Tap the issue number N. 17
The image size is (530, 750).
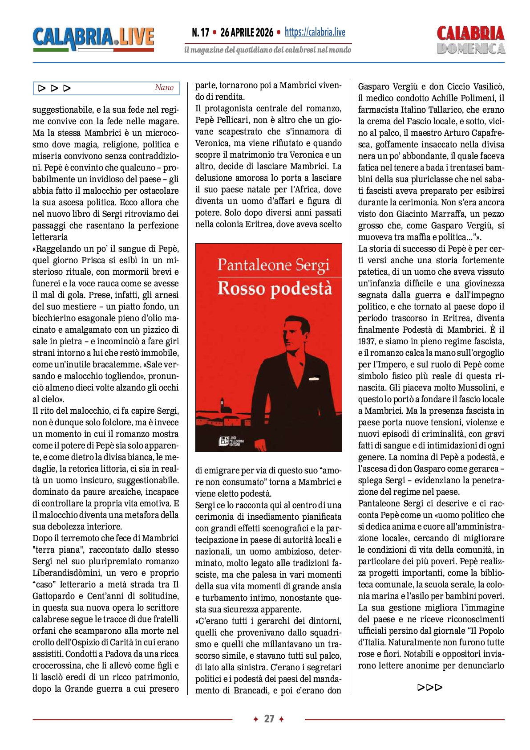click(x=200, y=33)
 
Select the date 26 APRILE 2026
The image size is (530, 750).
click(x=247, y=33)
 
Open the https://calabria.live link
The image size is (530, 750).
click(x=315, y=32)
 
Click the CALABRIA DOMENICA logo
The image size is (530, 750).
click(x=470, y=40)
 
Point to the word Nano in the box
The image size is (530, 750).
click(x=164, y=88)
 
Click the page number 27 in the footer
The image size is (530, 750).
click(x=269, y=719)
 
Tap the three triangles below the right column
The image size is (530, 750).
click(x=430, y=687)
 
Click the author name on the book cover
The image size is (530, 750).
click(x=273, y=265)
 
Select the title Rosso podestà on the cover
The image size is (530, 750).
click(x=275, y=289)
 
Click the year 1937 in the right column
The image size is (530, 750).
click(x=367, y=342)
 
